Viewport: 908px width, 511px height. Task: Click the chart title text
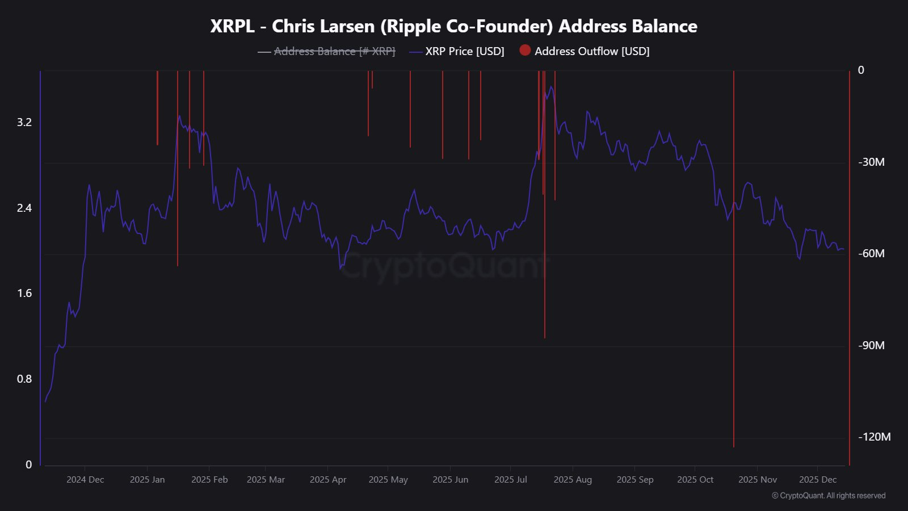(453, 26)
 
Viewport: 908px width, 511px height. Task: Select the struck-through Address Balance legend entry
(334, 51)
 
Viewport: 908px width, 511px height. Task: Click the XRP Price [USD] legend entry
(464, 51)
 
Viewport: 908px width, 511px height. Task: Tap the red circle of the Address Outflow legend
(525, 51)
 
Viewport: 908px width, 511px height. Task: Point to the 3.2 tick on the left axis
(24, 122)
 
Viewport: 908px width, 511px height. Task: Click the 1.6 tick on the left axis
(24, 293)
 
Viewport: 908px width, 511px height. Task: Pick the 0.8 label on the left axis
(24, 379)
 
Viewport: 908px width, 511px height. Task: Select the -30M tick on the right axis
(871, 162)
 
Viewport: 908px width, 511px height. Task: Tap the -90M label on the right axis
(871, 345)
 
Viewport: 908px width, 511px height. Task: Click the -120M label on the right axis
(874, 437)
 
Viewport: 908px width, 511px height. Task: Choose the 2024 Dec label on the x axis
(85, 480)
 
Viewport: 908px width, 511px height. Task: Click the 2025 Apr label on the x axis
(328, 480)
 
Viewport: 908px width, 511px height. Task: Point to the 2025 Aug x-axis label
(573, 480)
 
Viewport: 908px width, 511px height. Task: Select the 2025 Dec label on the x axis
(818, 480)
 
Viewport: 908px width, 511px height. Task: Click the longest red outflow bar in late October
(734, 284)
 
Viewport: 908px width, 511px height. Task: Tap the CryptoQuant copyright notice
(829, 496)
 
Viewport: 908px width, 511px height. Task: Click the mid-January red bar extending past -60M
(178, 199)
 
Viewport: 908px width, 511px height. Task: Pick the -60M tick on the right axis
(871, 253)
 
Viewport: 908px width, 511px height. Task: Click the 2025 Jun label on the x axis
(451, 480)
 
